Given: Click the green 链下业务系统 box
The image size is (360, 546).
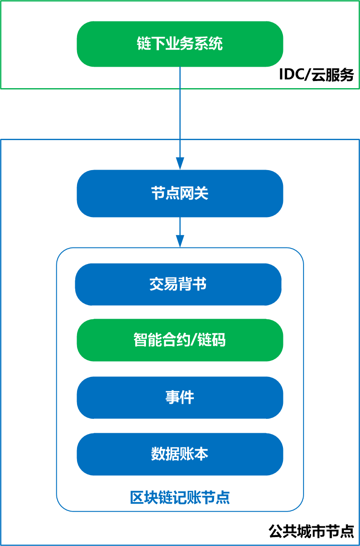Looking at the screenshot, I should pos(180,44).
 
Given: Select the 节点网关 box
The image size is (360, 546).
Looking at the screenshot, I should pos(180,193).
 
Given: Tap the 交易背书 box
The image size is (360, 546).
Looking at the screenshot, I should pos(178,284).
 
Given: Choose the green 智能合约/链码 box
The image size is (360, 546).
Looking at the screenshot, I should pos(180,340).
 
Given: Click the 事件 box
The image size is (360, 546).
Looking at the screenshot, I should pos(180,397).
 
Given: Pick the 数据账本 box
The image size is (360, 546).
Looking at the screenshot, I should pos(180,454).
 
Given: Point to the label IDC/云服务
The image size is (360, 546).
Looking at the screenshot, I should pos(316,75).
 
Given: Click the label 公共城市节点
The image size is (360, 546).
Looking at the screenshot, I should pos(312,531).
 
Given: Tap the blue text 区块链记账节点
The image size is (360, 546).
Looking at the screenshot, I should pos(180,498).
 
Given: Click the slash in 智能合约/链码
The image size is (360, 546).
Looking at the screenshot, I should pos(194,340).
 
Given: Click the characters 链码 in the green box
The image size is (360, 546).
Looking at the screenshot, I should pos(212,340).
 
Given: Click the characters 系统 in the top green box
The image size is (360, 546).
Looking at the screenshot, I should pos(209,44).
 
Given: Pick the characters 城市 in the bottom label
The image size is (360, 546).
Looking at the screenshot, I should pos(312,531).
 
